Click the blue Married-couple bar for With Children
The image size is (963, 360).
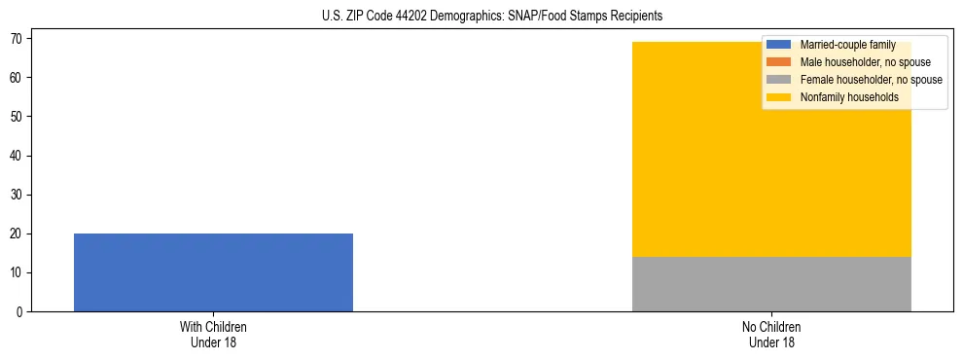[x=213, y=272]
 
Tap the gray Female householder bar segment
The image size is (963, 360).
[x=771, y=284]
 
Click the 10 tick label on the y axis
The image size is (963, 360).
[x=19, y=273]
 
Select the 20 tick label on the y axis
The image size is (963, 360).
[x=19, y=234]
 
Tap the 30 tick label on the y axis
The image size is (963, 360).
[x=19, y=195]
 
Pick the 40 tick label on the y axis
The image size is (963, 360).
[x=19, y=156]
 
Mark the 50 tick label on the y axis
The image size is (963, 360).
[x=19, y=117]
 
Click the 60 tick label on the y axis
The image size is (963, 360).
[x=19, y=78]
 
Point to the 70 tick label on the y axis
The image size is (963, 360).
[x=19, y=38]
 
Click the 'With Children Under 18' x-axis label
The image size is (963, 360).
[x=213, y=334]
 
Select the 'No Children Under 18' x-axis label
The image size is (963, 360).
[x=771, y=334]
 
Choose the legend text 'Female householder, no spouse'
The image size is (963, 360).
[x=871, y=80]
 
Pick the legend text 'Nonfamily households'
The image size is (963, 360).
[x=849, y=97]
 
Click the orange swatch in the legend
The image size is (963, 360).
[x=779, y=62]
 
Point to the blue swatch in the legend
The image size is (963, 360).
[x=779, y=45]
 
